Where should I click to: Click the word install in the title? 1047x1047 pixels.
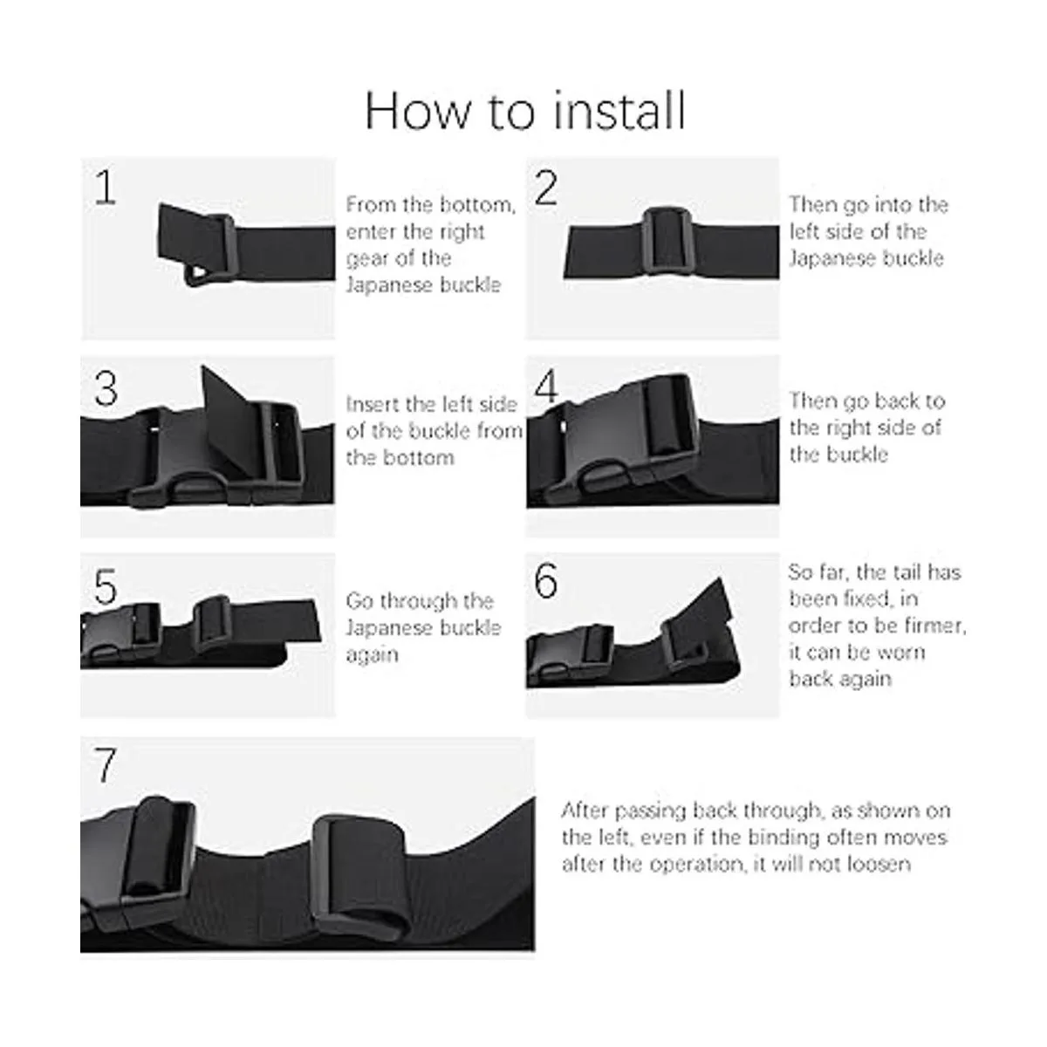click(x=619, y=111)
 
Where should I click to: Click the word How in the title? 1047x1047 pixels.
click(x=416, y=112)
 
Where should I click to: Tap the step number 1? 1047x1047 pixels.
click(x=106, y=188)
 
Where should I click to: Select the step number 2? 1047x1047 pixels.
click(x=546, y=188)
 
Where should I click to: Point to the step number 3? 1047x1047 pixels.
click(x=106, y=388)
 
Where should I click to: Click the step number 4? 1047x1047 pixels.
click(x=546, y=387)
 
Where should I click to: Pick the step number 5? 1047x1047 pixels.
click(x=106, y=586)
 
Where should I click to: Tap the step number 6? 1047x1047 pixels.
click(x=546, y=579)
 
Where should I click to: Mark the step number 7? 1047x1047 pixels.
click(x=106, y=764)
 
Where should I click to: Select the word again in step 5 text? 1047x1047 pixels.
click(x=373, y=654)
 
